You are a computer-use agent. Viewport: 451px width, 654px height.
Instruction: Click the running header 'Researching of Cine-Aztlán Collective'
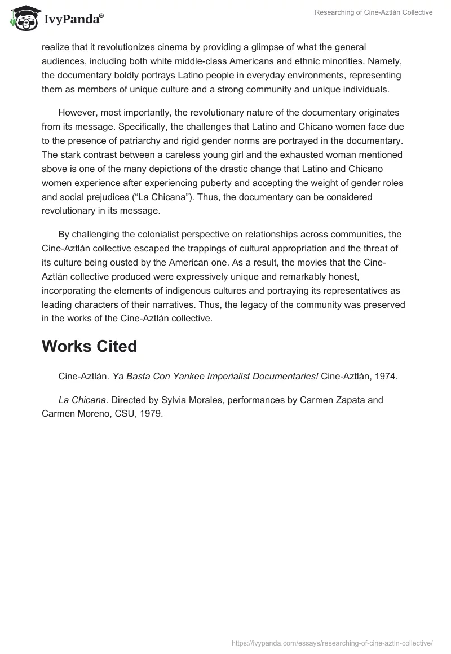(x=373, y=12)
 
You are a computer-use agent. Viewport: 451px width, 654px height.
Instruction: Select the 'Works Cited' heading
(x=89, y=346)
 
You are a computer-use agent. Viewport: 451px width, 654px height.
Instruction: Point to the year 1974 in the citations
(x=387, y=376)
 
